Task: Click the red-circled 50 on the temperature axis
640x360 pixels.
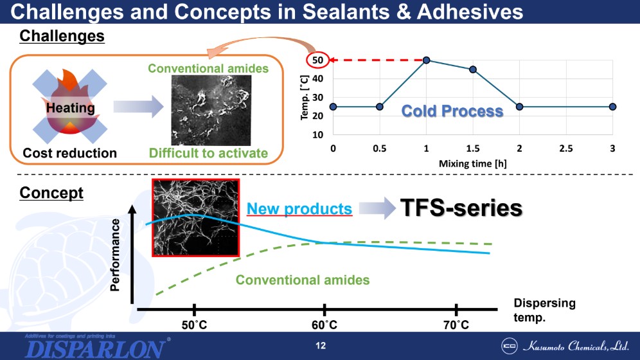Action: coord(317,60)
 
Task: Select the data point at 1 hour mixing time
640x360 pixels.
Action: coord(426,60)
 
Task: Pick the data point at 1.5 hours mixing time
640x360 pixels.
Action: coord(473,69)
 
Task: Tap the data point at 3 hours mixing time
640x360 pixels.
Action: coord(612,107)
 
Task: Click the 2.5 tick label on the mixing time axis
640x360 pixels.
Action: coord(565,148)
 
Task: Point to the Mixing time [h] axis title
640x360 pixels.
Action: coord(473,164)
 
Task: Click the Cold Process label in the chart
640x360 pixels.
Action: coord(452,111)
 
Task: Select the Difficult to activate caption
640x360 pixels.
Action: coord(208,153)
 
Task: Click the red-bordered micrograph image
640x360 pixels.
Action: coord(195,218)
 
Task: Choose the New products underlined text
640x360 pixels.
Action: coord(299,208)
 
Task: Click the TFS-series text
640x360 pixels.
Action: coord(461,208)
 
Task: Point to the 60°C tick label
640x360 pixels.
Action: coord(324,325)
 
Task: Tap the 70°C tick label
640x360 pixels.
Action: coord(456,325)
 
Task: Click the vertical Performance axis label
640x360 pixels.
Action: coord(115,255)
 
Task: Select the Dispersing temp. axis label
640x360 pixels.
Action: coord(544,310)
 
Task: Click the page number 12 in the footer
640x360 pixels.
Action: coord(321,346)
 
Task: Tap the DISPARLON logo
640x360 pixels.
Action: coord(96,347)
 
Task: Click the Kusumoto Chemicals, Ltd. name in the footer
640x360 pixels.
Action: coord(576,346)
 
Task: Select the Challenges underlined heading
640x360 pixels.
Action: coord(62,36)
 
